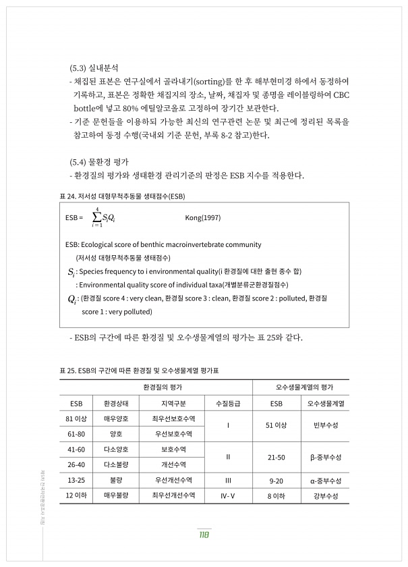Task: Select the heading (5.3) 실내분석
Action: [x=94, y=68]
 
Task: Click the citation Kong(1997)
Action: [x=202, y=217]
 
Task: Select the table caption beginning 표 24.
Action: [x=122, y=196]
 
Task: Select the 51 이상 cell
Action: [x=276, y=425]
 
